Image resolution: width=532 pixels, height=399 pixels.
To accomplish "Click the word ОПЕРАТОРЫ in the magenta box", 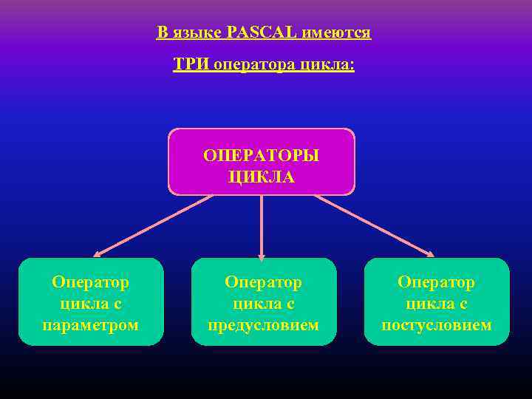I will point(262,156).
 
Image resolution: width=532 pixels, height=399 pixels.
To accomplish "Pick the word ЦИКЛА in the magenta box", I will point(262,177).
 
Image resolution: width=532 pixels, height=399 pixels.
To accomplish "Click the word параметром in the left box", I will point(91,324).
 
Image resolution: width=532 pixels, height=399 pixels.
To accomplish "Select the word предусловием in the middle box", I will point(264,324).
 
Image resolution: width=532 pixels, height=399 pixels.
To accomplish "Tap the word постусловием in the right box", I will point(437,324).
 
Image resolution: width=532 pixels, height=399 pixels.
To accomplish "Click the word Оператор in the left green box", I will point(91,282).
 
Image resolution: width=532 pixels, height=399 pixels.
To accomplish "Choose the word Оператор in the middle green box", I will point(264,282).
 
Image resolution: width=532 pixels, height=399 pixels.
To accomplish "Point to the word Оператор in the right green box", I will point(437,282).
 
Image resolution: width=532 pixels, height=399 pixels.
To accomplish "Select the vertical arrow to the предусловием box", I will point(262,225).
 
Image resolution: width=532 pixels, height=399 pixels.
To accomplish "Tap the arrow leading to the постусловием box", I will point(374,226).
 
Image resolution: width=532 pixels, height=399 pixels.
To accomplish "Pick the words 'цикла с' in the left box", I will point(91,303).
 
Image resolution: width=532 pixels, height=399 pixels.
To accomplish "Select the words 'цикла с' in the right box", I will point(437,303).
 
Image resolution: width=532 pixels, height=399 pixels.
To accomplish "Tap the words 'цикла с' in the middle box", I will point(264,303).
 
